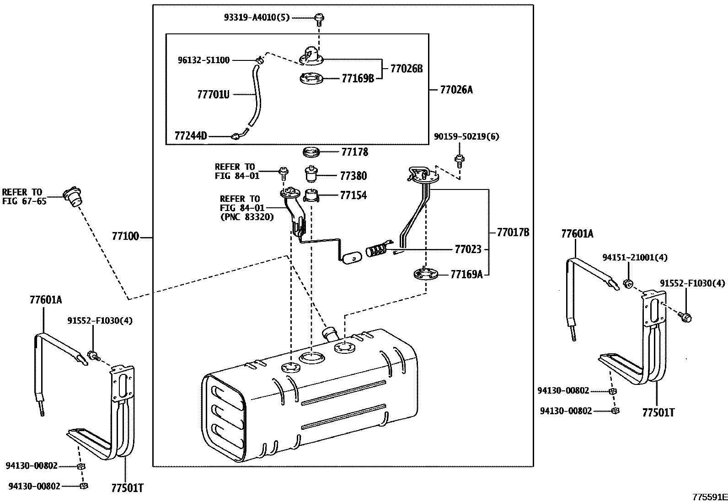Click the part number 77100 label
[125, 237]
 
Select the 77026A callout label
[456, 90]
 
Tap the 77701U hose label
[213, 95]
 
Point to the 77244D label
[191, 136]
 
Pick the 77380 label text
[353, 176]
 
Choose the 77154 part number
[353, 195]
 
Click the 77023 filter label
[467, 249]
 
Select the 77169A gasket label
[466, 274]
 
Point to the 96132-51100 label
[203, 60]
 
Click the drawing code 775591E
[709, 497]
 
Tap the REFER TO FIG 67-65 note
[23, 196]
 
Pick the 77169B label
[358, 78]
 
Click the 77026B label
[406, 69]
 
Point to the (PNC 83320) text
[246, 217]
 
